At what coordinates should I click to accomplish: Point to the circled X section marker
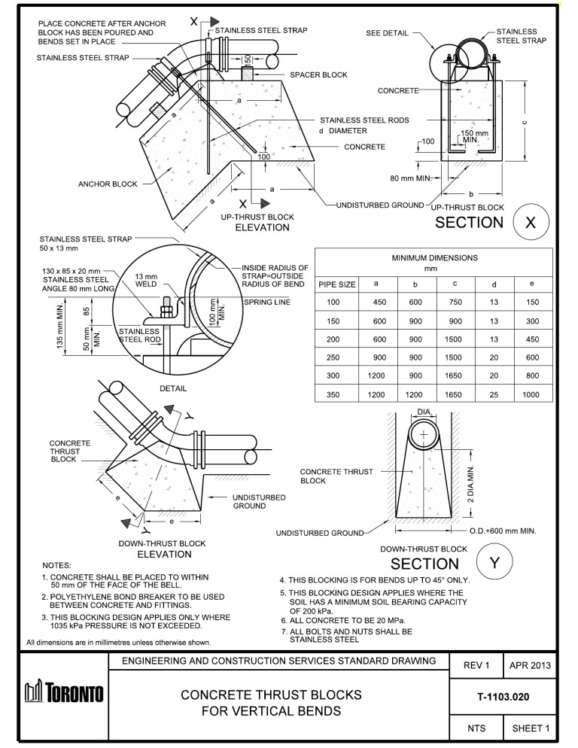[x=530, y=222]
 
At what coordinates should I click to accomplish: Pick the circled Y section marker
[x=494, y=563]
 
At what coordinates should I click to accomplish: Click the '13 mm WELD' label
[x=146, y=280]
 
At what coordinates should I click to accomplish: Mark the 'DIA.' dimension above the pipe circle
[x=424, y=412]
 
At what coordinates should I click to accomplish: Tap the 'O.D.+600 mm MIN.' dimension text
[x=502, y=531]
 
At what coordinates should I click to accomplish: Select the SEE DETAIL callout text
[x=388, y=34]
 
